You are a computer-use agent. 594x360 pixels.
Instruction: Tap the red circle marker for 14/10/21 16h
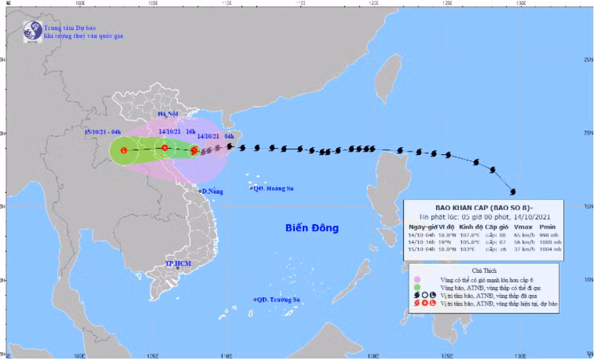click(165, 149)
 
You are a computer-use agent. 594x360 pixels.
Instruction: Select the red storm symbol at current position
click(194, 150)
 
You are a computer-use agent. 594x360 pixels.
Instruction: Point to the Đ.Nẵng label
click(212, 191)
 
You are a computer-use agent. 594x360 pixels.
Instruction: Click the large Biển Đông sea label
click(311, 229)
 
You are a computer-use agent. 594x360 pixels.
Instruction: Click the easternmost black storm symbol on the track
click(513, 191)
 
